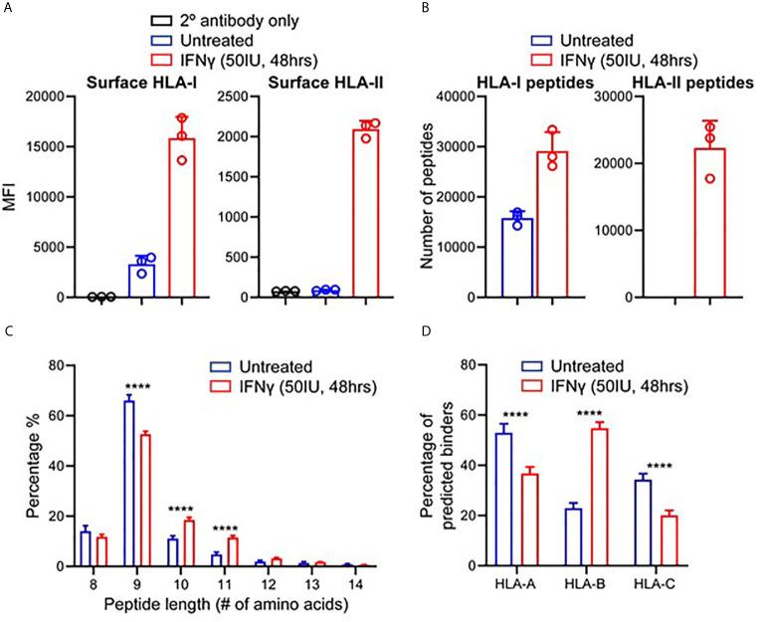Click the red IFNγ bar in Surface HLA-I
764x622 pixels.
pos(181,218)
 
